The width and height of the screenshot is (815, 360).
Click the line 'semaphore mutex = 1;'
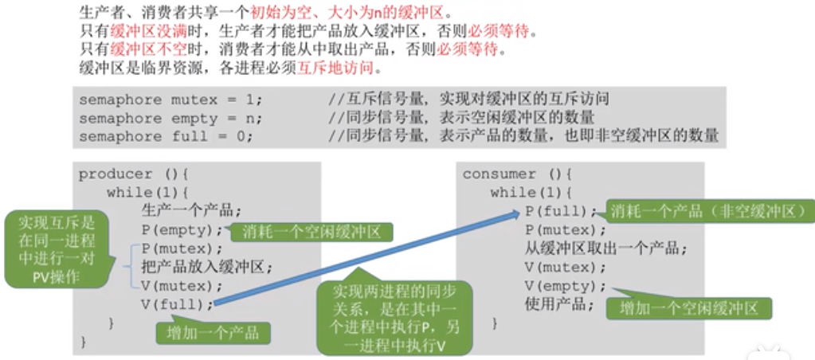170,100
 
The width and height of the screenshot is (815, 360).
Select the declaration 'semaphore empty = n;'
170,119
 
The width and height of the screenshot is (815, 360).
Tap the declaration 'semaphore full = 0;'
166,136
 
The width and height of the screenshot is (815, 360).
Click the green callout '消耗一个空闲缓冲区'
312,232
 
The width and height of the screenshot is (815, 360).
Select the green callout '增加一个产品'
214,331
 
